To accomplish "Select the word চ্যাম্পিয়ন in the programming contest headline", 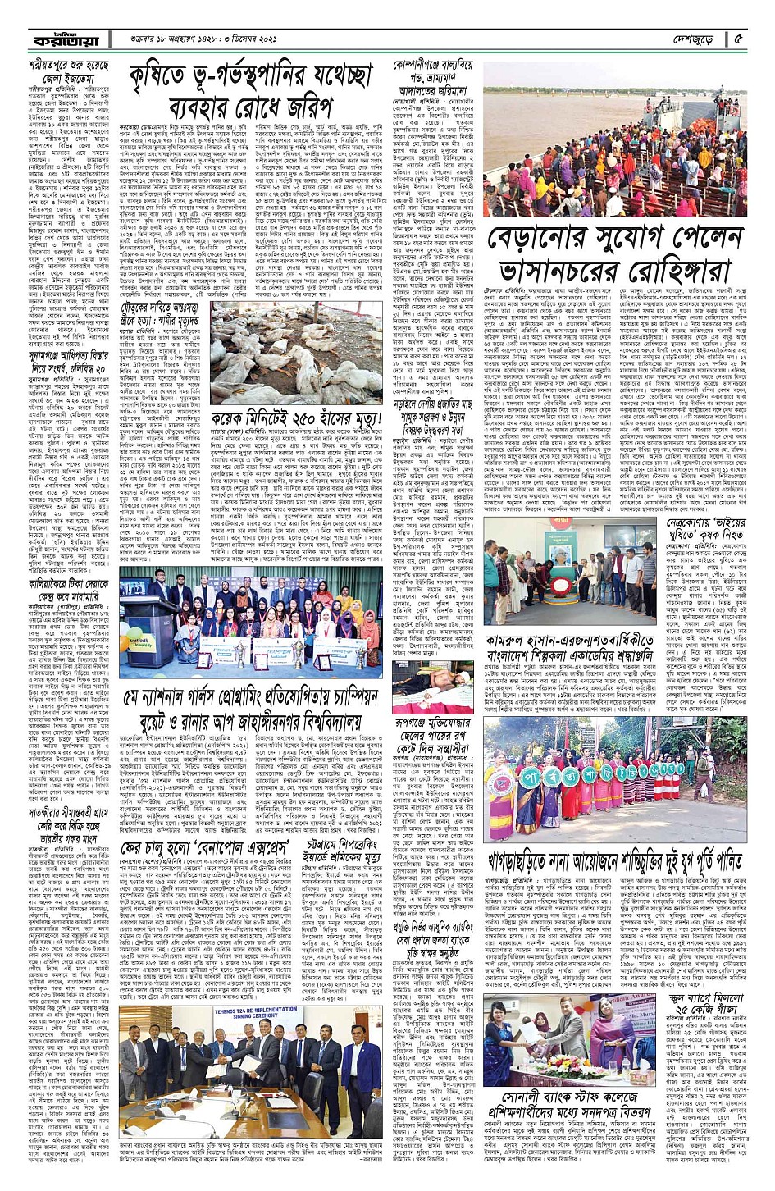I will (345, 696).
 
